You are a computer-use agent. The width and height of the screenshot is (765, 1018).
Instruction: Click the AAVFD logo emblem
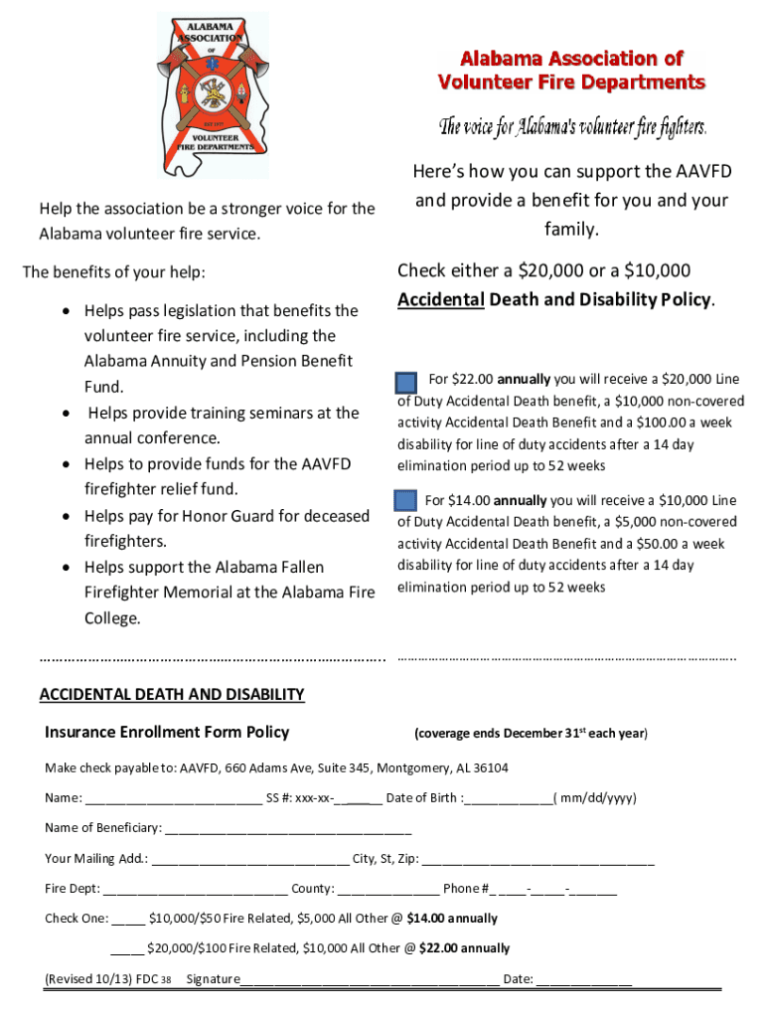(213, 94)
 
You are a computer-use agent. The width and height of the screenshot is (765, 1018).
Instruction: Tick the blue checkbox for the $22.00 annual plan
(405, 384)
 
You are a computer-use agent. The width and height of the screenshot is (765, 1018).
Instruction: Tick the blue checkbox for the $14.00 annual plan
(404, 501)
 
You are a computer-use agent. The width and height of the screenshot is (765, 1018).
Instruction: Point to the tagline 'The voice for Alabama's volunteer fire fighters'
(573, 127)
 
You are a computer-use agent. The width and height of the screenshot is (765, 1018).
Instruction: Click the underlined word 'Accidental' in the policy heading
(440, 299)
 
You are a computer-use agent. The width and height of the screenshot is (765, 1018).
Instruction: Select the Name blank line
(174, 798)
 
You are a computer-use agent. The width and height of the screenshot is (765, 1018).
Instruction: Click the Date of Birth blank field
(508, 798)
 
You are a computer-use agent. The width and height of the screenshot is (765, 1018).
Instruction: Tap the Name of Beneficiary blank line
(287, 828)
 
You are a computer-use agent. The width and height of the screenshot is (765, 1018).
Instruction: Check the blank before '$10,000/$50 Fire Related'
(128, 919)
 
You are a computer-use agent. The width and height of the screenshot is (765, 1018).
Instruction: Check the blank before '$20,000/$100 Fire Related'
(127, 948)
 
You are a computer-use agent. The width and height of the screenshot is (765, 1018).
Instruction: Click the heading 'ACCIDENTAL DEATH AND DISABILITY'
(172, 694)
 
